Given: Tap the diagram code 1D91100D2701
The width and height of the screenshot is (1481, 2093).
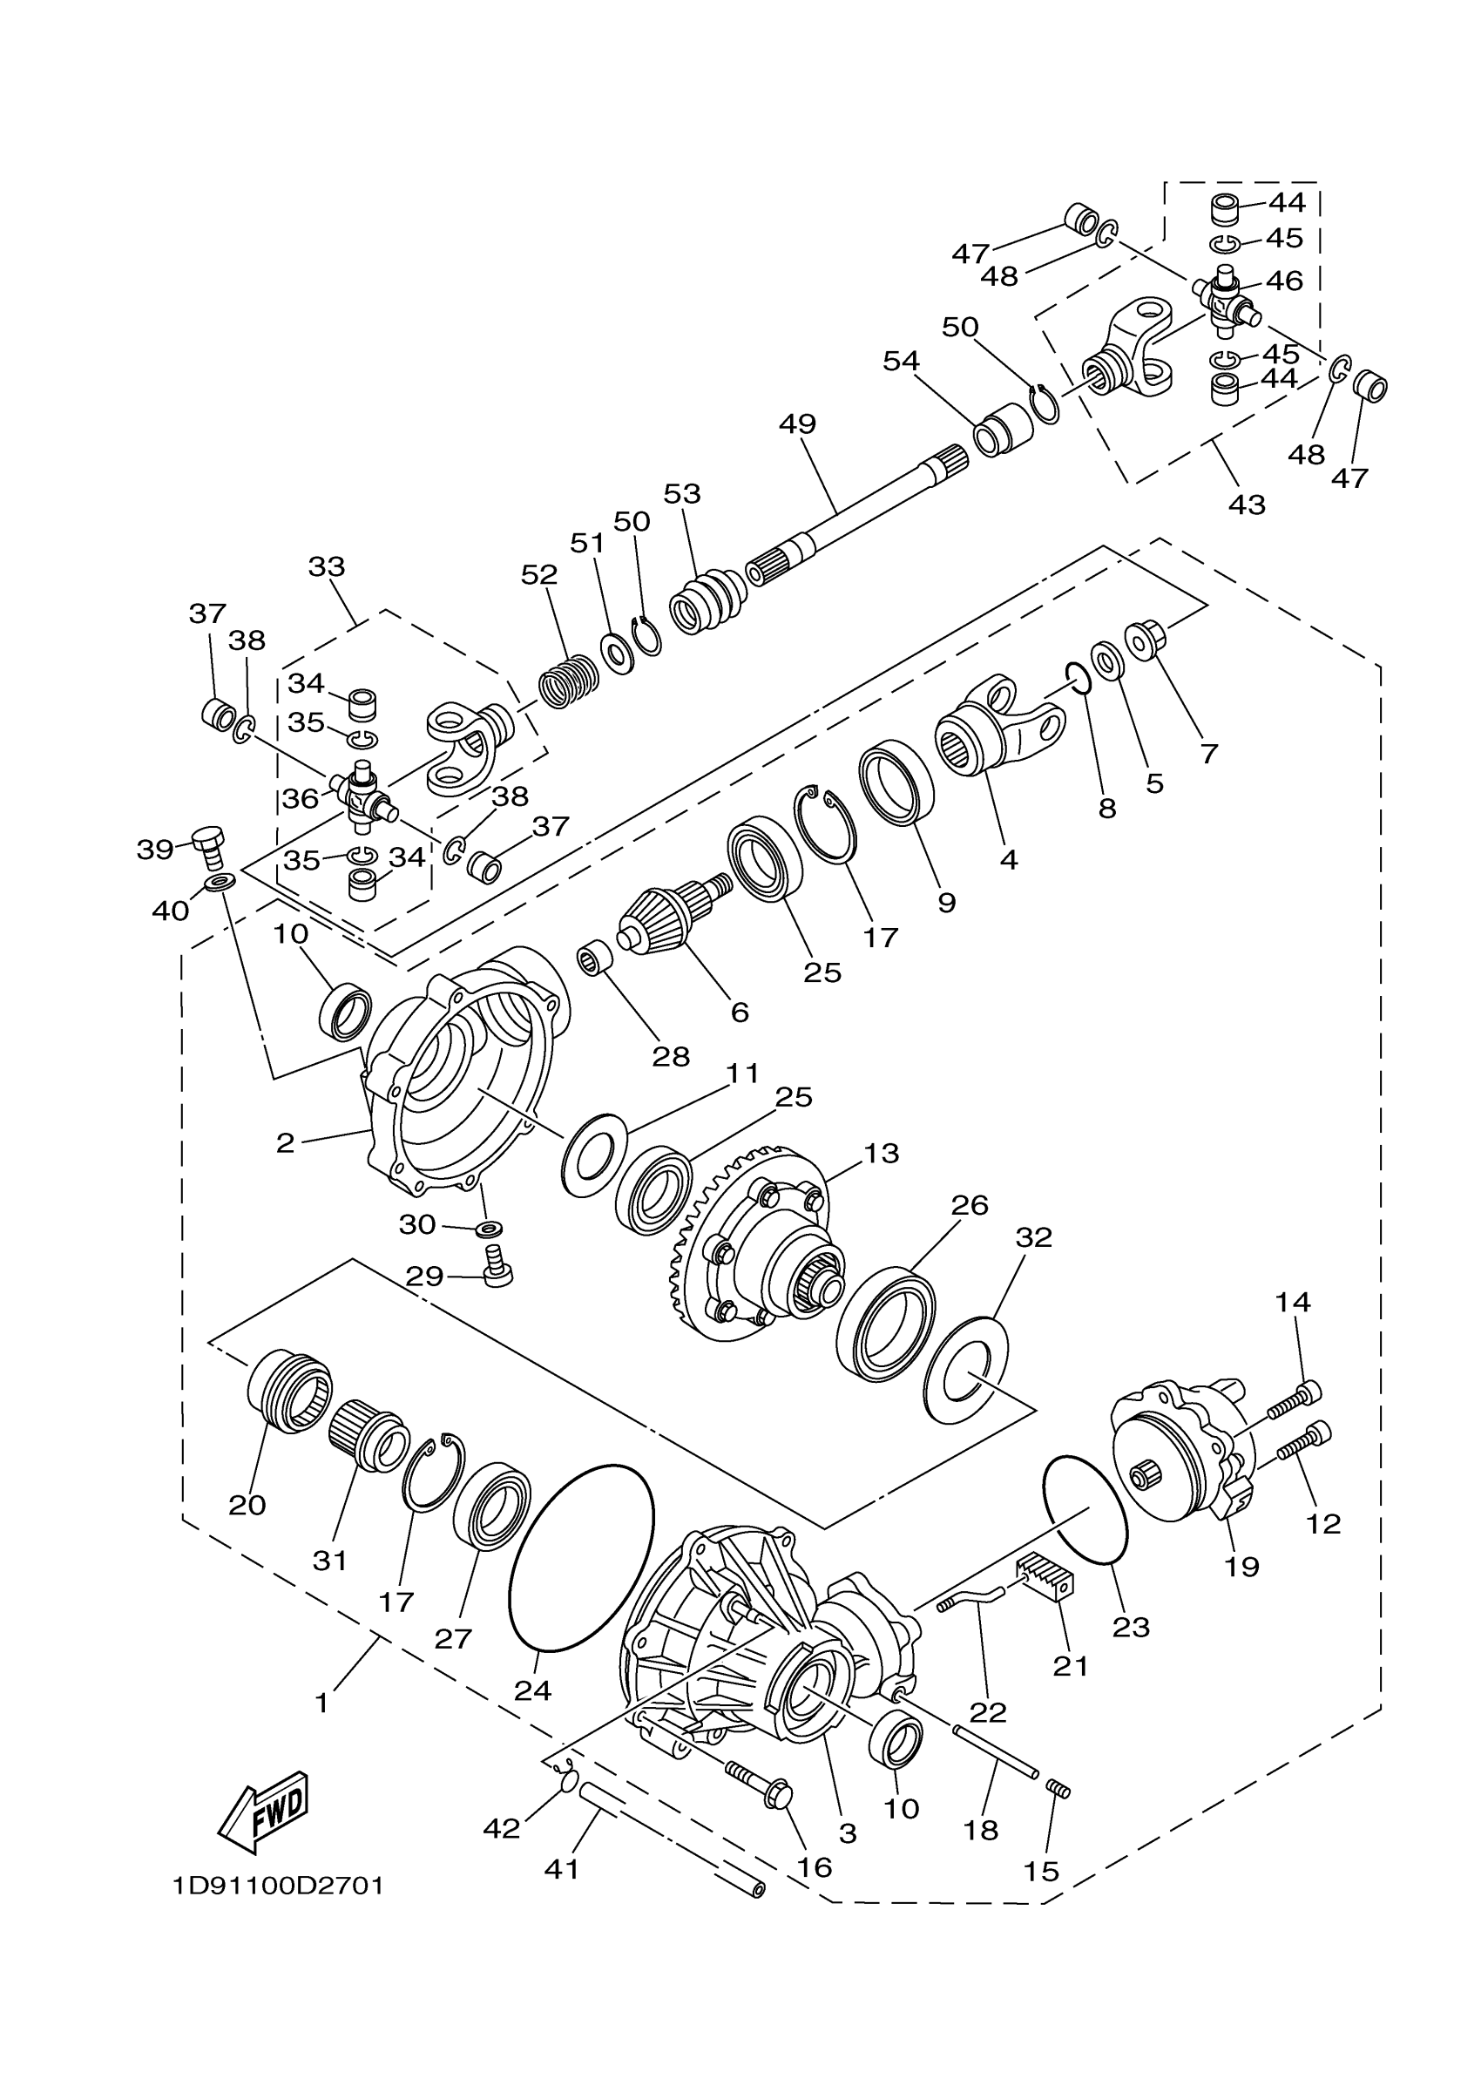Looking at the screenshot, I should click(278, 1885).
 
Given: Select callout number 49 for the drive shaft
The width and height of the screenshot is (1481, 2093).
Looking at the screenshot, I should click(797, 424).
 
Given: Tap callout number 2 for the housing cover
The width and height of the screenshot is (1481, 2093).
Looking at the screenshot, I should click(286, 1142).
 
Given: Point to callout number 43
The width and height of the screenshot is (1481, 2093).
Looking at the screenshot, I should click(1247, 505).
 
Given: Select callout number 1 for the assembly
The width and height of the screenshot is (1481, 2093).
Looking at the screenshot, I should click(321, 1702).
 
